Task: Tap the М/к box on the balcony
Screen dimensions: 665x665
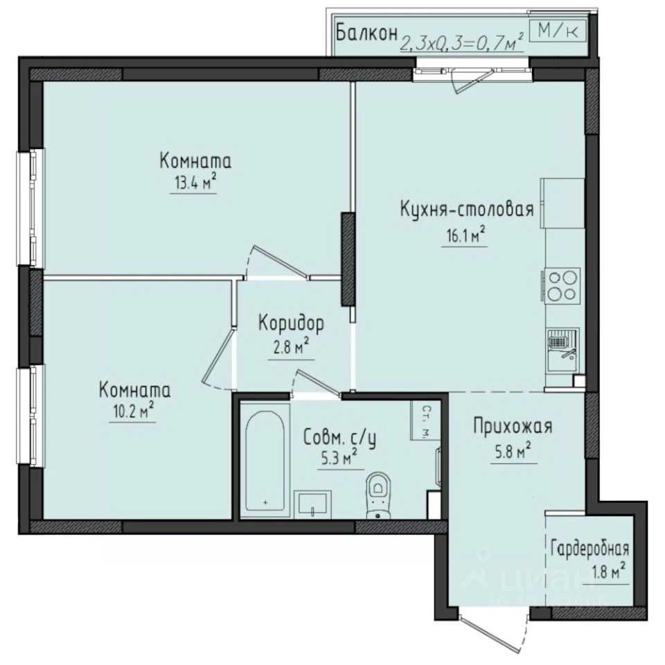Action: click(558, 30)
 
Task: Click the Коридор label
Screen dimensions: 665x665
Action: click(292, 322)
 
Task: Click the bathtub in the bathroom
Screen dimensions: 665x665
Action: click(265, 461)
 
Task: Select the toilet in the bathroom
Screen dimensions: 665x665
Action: click(378, 492)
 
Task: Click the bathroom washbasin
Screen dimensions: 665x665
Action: click(316, 504)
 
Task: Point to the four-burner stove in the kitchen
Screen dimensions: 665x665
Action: click(560, 285)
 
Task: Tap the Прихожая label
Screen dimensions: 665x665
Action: click(513, 426)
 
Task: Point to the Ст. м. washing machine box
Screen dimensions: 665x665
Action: click(422, 421)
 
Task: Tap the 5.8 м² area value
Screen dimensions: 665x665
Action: click(513, 453)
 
